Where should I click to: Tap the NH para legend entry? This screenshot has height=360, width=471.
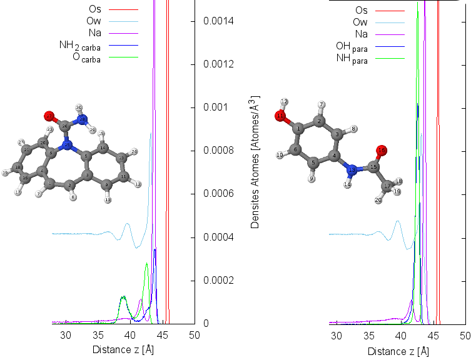352,59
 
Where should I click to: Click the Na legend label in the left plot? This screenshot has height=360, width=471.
95,33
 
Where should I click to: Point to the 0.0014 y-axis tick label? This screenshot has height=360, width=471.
218,21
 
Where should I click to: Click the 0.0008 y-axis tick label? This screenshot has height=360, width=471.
218,151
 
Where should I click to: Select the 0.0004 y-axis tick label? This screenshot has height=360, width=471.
218,237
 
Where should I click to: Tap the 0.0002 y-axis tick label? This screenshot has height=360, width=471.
218,281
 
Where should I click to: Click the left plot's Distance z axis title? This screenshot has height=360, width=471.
123,349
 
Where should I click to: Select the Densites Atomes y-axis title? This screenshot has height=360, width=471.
256,162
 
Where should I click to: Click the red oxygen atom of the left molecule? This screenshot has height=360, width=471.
49,116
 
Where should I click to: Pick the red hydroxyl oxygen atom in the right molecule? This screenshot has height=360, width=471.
281,116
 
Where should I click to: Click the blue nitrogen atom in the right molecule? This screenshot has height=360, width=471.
352,169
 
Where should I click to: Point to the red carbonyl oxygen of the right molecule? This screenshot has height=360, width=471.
383,150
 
